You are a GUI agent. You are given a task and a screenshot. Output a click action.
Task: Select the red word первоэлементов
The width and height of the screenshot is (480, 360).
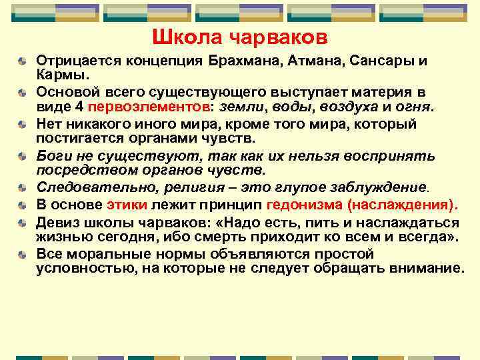tap(147, 107)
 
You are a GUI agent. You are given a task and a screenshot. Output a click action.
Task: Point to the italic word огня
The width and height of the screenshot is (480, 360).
tap(412, 107)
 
